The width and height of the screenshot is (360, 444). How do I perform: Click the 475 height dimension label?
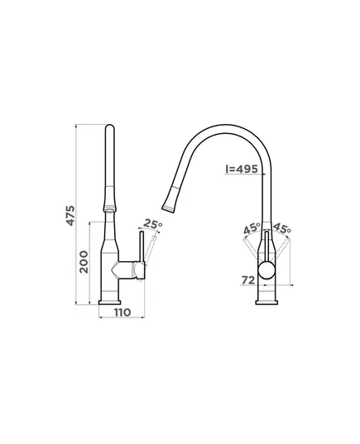[70, 216]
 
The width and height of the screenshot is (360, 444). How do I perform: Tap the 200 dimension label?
[84, 261]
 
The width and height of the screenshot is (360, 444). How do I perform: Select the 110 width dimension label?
[122, 313]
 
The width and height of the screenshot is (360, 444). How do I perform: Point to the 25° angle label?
[153, 224]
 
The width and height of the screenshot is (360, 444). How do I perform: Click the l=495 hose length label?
[242, 169]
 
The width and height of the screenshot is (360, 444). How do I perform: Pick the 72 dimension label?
[248, 280]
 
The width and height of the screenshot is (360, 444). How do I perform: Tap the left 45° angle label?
[252, 228]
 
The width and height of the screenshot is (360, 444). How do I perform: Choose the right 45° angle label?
[281, 228]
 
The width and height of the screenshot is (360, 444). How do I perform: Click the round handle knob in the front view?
[266, 271]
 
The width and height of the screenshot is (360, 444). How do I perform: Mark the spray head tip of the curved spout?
[169, 209]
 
